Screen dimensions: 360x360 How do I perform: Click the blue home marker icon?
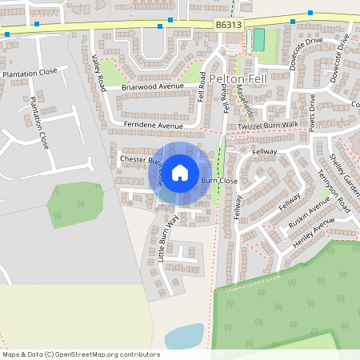tap(180, 172)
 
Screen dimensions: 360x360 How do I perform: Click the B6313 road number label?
tap(229, 26)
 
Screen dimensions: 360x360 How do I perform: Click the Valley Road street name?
tap(98, 74)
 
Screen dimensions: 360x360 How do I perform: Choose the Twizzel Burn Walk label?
tap(267, 126)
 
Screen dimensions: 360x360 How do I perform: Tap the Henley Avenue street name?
tap(312, 233)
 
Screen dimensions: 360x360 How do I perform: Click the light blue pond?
tap(184, 335)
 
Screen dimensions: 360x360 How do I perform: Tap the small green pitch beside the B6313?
tap(258, 40)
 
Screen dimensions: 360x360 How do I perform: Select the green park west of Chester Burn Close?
tap(74, 204)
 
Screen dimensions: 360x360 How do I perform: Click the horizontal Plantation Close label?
tap(30, 73)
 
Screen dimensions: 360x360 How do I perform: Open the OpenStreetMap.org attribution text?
tap(80, 354)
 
